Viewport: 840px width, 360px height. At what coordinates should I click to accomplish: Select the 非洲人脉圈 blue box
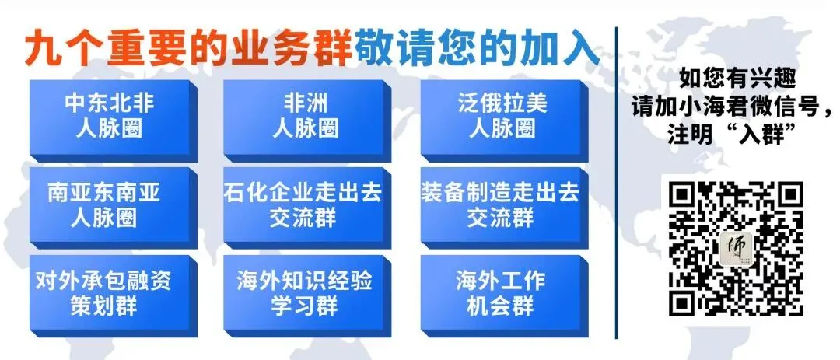click(305, 116)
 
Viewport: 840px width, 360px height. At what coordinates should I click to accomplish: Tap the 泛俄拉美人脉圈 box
click(501, 116)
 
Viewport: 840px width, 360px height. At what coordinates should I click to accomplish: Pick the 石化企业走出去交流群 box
click(305, 204)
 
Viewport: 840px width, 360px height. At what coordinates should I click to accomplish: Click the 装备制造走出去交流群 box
click(501, 204)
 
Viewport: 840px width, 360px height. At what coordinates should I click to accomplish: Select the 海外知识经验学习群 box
click(305, 292)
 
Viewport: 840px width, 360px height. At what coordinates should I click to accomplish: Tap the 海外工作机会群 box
click(501, 292)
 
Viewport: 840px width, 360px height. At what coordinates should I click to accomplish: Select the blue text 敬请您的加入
click(476, 51)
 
